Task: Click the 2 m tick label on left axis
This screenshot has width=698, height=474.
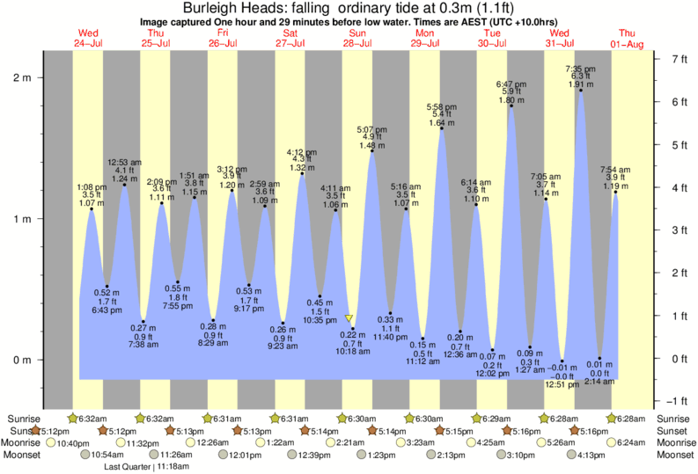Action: coord(21,78)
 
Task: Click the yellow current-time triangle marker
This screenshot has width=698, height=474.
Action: coord(349,318)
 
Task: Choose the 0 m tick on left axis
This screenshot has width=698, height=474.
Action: coord(21,360)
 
